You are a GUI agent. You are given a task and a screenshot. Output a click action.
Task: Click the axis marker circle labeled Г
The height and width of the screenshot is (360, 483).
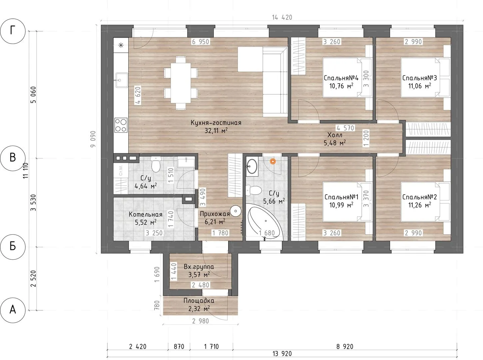click(13, 31)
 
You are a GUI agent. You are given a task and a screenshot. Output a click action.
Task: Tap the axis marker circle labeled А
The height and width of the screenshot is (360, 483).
click(13, 310)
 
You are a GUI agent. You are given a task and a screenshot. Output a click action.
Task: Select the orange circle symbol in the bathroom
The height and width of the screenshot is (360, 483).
click(273, 161)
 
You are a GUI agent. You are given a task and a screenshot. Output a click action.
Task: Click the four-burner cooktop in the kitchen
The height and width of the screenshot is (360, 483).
click(121, 125)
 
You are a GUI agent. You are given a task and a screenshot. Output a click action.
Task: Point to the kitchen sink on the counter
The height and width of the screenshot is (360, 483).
click(122, 80)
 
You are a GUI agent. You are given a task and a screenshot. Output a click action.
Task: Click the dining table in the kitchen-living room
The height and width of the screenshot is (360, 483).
click(181, 83)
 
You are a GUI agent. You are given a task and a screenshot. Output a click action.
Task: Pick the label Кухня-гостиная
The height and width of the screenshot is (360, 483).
click(216, 123)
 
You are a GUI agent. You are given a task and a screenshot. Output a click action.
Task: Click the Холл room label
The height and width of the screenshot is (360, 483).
click(335, 135)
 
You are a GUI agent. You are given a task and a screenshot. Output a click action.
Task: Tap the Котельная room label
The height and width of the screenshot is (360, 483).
click(146, 214)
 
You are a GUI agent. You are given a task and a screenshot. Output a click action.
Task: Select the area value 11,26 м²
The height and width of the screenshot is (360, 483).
click(419, 205)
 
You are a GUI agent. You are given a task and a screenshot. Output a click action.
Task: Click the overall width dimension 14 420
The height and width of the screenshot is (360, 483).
click(282, 17)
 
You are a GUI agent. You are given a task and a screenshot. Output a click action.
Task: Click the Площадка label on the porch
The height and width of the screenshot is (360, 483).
click(199, 301)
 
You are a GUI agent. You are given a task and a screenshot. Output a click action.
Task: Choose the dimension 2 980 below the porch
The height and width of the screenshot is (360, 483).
click(200, 321)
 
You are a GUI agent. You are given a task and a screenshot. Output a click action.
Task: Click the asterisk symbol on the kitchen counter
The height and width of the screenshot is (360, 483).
click(121, 45)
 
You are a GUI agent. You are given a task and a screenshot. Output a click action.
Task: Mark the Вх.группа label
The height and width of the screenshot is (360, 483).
click(199, 267)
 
